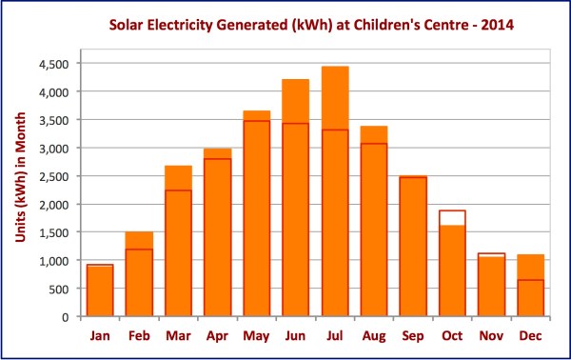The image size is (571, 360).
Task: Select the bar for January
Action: pyautogui.click(x=100, y=290)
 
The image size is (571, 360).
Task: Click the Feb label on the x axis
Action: pyautogui.click(x=139, y=336)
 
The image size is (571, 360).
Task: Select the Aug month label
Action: pyautogui.click(x=374, y=336)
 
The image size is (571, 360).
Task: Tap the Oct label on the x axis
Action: pyautogui.click(x=452, y=336)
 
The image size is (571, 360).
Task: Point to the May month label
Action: pyautogui.click(x=256, y=336)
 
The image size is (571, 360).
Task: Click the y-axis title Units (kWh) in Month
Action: pyautogui.click(x=18, y=190)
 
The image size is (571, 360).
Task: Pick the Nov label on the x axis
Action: pyautogui.click(x=491, y=336)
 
